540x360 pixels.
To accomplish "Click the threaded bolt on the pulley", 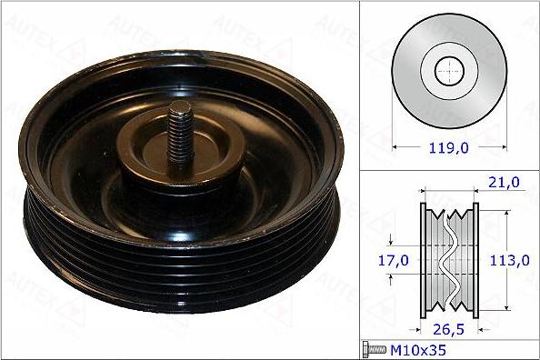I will click(179, 134).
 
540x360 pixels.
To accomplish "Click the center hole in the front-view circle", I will click(448, 70).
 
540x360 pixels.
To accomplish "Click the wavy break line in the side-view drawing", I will click(449, 261).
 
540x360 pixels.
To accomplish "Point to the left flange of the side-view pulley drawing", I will click(425, 261).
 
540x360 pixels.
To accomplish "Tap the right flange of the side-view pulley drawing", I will click(474, 261).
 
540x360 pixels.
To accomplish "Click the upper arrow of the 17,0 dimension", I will click(392, 243).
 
